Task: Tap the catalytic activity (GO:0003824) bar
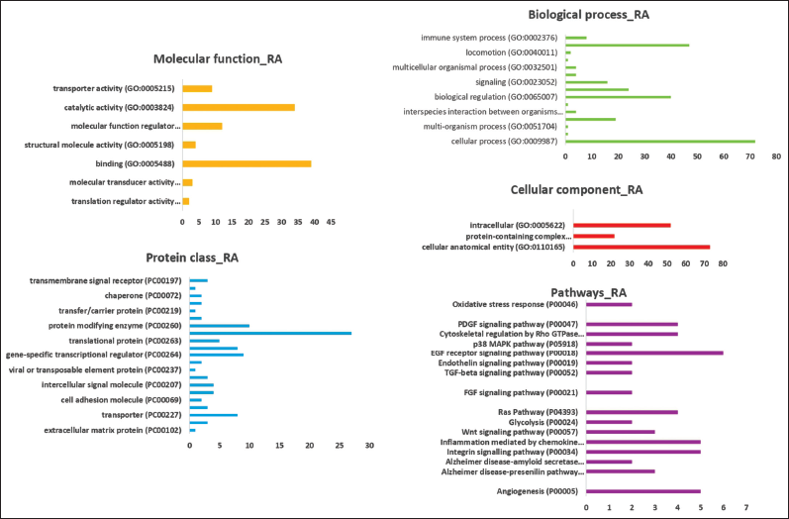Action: click(239, 107)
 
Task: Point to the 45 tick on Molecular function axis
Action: click(331, 221)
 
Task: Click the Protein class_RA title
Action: click(191, 259)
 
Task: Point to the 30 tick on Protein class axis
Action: click(369, 446)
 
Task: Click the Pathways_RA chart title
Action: click(589, 293)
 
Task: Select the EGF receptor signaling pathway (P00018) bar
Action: click(655, 353)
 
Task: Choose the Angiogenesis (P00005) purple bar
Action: click(643, 490)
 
